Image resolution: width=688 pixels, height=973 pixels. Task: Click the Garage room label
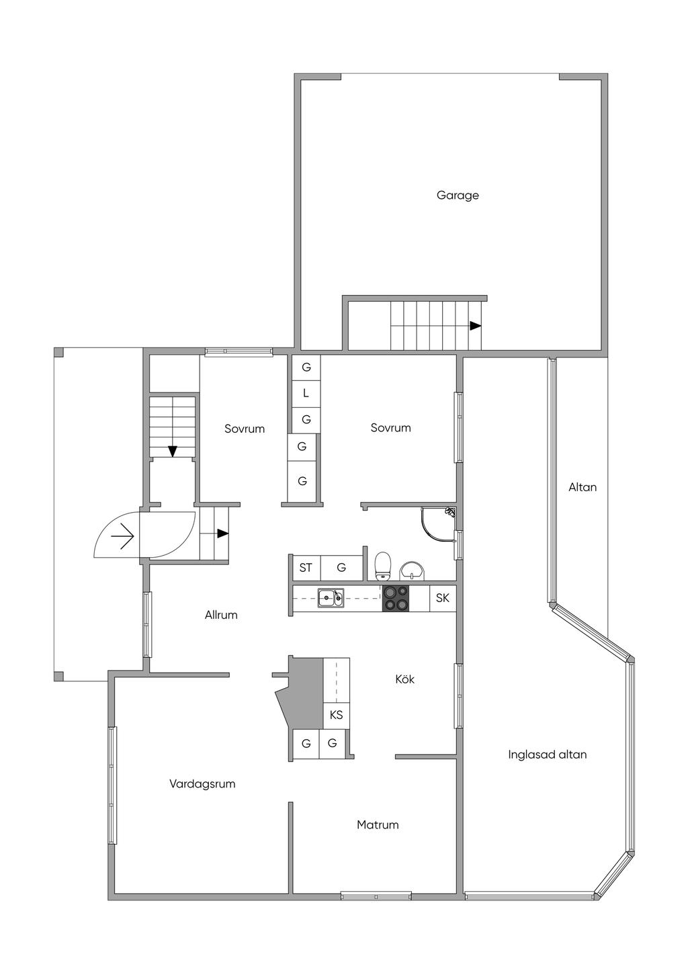click(x=458, y=196)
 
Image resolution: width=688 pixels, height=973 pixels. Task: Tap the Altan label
click(x=583, y=487)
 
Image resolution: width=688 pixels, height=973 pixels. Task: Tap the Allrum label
click(x=221, y=615)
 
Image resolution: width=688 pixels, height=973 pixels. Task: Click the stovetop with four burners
click(x=396, y=598)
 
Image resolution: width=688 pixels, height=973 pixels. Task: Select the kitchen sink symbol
click(x=331, y=598)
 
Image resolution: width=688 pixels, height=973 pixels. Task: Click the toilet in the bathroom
click(x=383, y=566)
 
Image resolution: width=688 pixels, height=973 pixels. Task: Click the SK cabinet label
click(x=443, y=598)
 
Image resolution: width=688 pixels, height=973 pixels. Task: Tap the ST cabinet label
click(x=306, y=567)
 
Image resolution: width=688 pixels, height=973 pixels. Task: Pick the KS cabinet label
click(x=336, y=714)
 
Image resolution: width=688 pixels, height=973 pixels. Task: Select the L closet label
click(x=306, y=394)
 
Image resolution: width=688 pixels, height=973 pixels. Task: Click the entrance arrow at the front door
click(x=122, y=536)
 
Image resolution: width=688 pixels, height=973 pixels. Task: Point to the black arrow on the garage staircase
click(x=475, y=325)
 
